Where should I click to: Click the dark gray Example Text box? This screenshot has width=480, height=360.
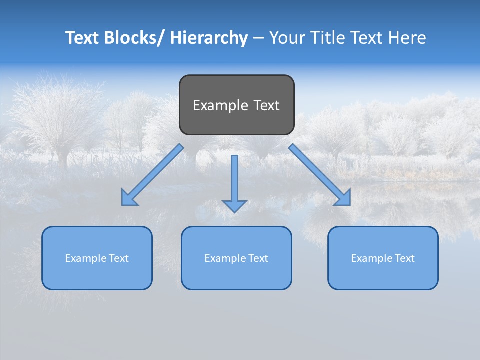click(x=236, y=105)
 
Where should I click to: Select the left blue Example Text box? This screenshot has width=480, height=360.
click(x=97, y=258)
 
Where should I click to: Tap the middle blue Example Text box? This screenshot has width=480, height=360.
click(x=236, y=258)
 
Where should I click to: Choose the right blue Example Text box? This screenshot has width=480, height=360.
click(x=383, y=258)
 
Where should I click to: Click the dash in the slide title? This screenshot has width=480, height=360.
click(x=258, y=38)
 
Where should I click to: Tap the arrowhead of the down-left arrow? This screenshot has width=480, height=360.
click(x=128, y=199)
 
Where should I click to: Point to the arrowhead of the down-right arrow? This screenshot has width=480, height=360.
click(x=343, y=199)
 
